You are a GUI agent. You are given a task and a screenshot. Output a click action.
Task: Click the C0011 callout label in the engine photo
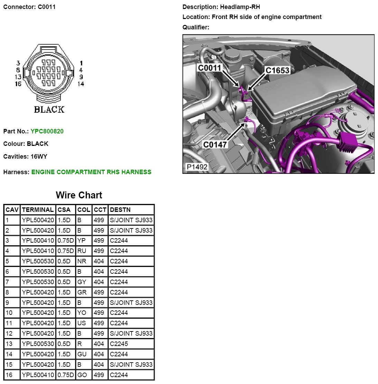[x=209, y=68]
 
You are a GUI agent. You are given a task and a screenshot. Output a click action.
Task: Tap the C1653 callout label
[x=277, y=71]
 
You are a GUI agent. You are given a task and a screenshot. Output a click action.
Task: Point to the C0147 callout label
[x=215, y=144]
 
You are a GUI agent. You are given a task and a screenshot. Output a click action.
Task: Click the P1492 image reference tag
[x=197, y=167]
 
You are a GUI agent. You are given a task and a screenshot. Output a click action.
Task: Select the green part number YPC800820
[x=47, y=131]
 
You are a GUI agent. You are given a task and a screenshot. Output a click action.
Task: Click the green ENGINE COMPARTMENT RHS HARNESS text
[x=91, y=172]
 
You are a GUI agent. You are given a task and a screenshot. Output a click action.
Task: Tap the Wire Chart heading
[x=79, y=195]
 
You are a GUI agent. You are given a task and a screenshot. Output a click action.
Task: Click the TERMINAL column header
[x=38, y=210]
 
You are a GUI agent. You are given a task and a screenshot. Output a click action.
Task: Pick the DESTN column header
[x=120, y=210]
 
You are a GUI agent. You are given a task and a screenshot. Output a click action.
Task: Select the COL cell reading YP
[x=82, y=241]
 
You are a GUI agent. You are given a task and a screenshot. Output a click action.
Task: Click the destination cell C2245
[x=119, y=344]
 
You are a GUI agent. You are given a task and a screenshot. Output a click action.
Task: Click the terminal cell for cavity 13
[x=38, y=344]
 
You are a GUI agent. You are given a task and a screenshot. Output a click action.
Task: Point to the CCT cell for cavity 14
[x=99, y=354]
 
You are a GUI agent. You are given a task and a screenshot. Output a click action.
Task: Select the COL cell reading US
[x=82, y=323]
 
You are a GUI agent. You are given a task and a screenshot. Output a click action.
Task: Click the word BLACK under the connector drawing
[x=49, y=110]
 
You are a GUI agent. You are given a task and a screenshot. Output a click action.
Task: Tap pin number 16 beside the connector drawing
[x=18, y=84]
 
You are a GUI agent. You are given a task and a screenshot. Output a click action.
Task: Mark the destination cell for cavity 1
[x=131, y=220]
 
